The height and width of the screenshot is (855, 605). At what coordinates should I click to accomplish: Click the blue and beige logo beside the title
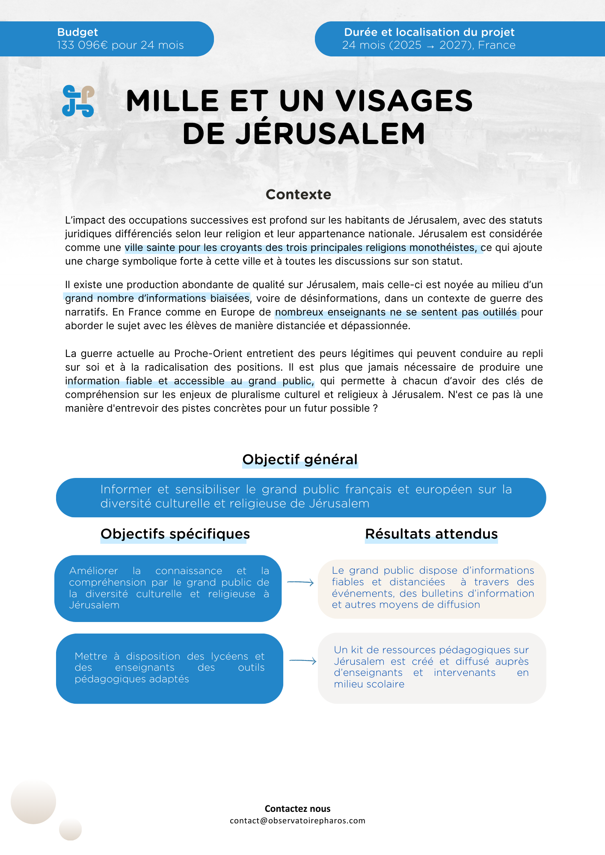[x=78, y=101]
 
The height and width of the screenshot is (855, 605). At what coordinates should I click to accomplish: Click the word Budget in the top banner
[x=77, y=32]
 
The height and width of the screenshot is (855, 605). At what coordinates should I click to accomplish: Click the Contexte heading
[x=298, y=195]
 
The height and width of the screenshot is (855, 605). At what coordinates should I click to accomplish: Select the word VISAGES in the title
[x=404, y=101]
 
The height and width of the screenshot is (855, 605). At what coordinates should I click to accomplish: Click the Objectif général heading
[x=300, y=460]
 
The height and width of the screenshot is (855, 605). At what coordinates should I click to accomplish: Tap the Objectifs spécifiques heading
[x=175, y=534]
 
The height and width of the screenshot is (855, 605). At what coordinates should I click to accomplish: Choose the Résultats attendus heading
[x=431, y=534]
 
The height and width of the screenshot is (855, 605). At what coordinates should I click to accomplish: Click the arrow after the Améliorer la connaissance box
[x=300, y=582]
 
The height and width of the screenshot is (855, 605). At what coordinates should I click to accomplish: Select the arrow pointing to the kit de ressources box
[x=303, y=661]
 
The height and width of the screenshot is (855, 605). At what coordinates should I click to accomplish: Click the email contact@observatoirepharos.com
[x=297, y=821]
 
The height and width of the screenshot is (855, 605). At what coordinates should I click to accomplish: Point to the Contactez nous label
[x=297, y=809]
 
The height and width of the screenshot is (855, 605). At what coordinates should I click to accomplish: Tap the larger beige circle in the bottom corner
[x=33, y=801]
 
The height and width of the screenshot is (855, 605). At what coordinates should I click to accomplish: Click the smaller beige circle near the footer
[x=70, y=829]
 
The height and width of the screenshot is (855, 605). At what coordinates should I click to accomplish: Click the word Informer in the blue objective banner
[x=126, y=489]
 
